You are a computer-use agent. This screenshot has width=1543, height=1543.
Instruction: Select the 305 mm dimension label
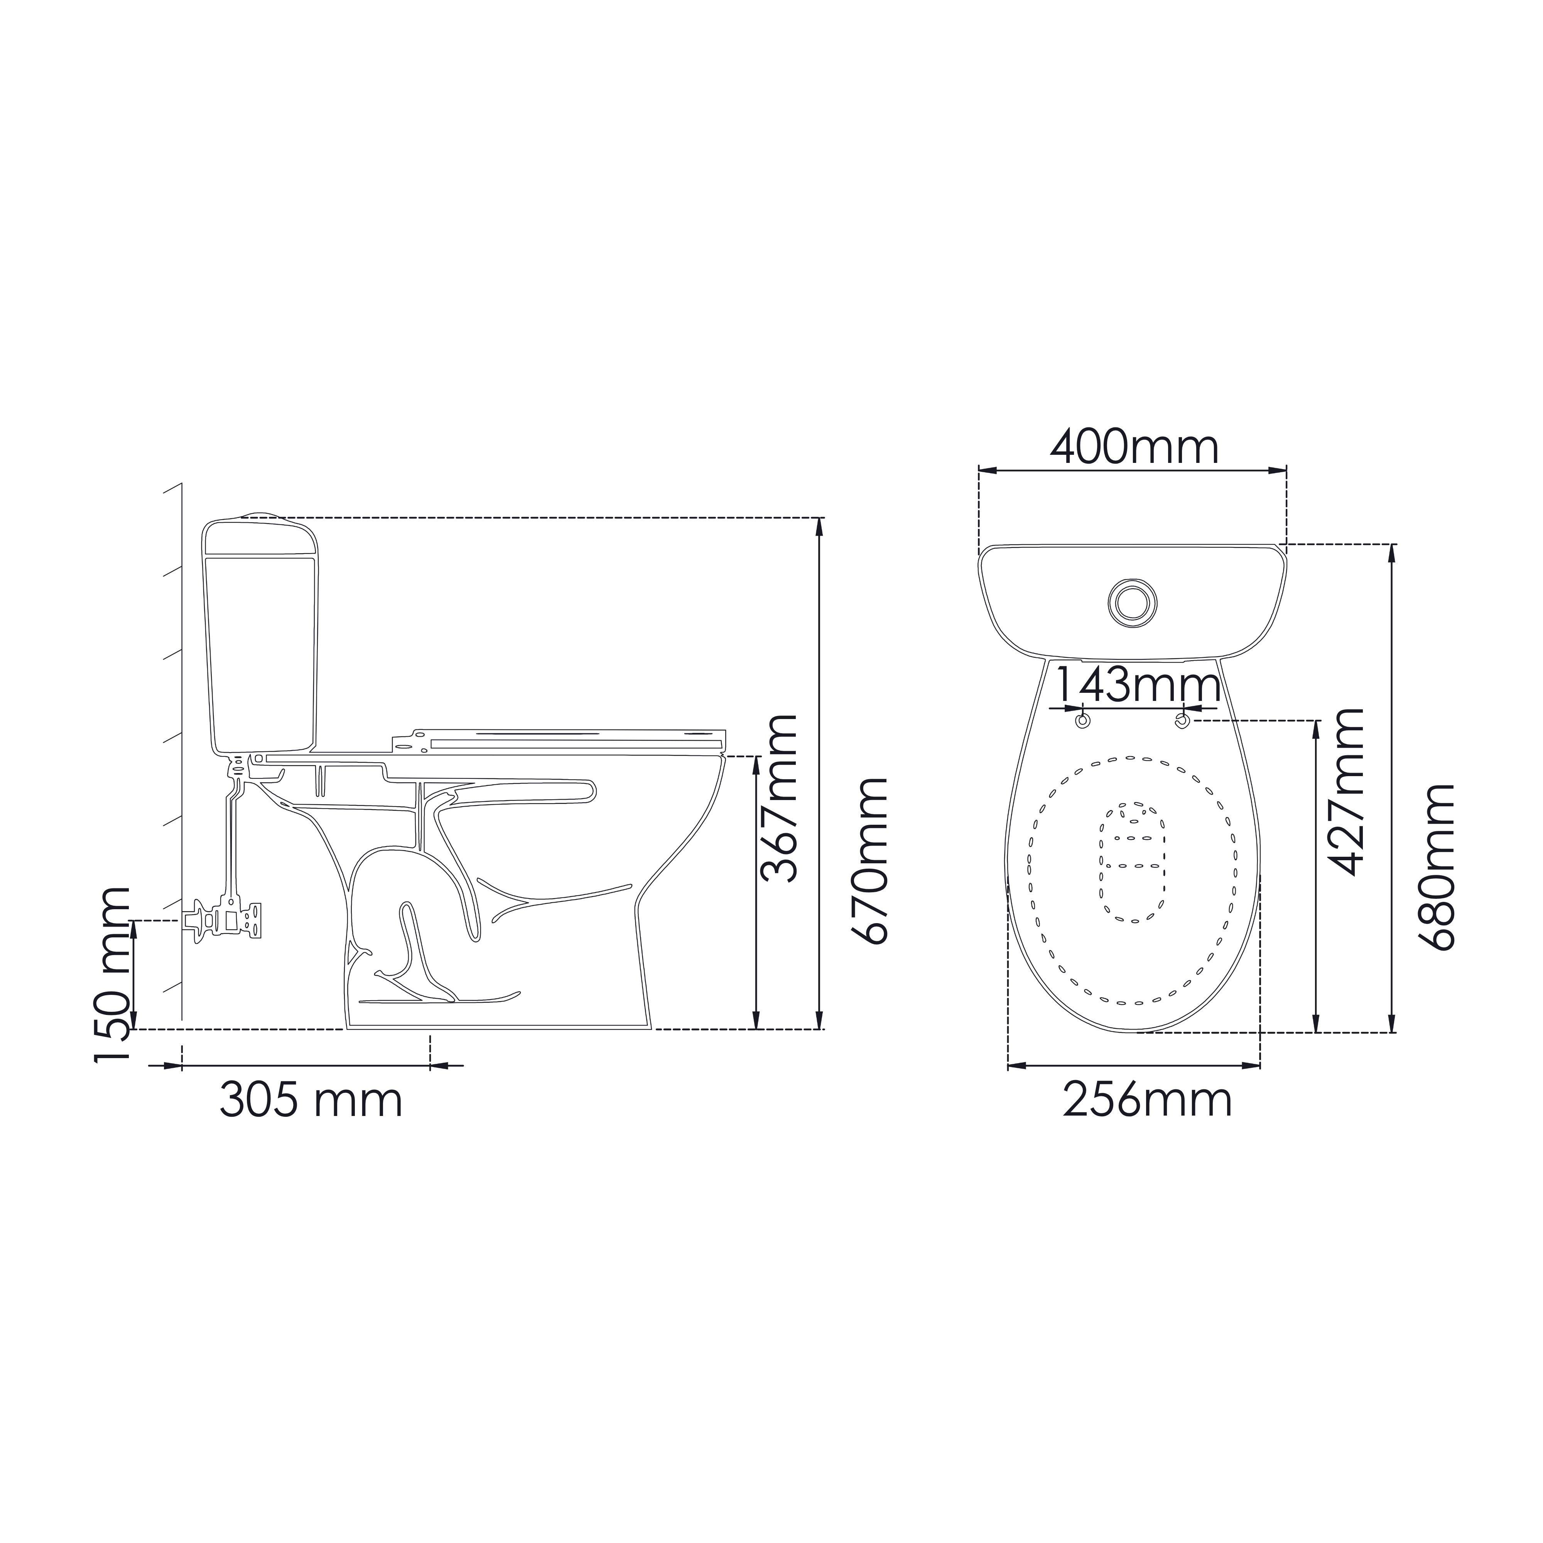coord(311,1101)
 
